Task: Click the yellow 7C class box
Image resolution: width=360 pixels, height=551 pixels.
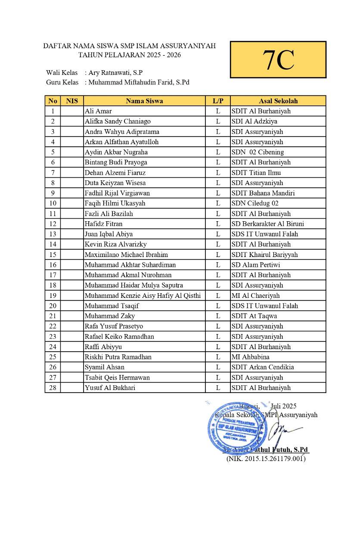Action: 278,60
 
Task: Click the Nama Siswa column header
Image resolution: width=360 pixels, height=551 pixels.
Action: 144,101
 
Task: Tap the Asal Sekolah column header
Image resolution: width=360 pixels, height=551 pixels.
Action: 278,101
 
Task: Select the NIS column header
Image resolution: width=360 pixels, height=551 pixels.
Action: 72,101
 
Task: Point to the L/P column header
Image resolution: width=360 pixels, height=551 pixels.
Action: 218,101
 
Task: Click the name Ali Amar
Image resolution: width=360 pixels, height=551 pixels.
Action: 98,111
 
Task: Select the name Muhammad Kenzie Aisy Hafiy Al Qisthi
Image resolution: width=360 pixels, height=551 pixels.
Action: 143,296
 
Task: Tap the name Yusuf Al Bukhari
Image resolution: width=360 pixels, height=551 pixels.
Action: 110,388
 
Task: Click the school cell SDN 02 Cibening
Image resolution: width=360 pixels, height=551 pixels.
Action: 258,152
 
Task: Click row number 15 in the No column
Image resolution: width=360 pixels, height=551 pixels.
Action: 53,254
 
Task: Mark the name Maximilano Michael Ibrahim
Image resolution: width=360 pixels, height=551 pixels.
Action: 126,254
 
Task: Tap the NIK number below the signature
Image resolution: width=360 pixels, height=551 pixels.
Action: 266,459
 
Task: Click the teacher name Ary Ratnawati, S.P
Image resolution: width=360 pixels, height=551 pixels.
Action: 115,73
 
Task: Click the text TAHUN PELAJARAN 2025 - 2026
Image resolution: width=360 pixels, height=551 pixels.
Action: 129,55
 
